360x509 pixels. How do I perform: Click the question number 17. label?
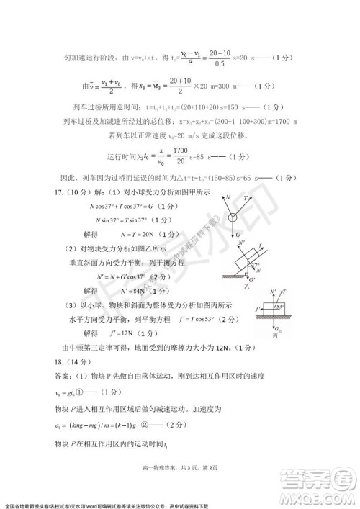pos(40,191)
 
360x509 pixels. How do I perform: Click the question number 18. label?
pos(40,361)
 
